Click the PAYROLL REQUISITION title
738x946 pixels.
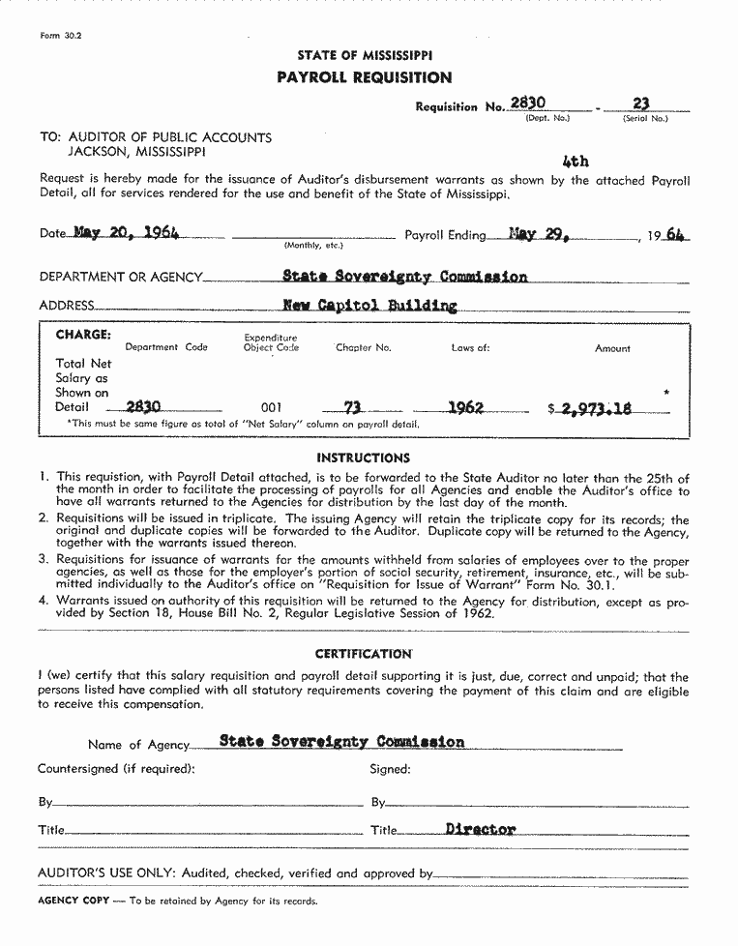point(365,77)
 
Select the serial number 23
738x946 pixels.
point(640,103)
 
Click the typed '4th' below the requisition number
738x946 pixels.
point(575,162)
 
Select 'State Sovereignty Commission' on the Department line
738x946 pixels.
point(404,277)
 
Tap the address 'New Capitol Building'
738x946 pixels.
point(369,306)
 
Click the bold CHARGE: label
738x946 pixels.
point(83,335)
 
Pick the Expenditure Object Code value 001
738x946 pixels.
point(272,408)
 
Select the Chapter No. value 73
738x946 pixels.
point(354,407)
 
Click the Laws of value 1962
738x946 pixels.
point(465,407)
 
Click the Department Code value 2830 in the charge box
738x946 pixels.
point(143,407)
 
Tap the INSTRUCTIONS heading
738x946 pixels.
point(364,458)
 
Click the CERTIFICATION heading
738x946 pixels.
point(364,654)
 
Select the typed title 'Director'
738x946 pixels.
point(481,829)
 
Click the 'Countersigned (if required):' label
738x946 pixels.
point(116,769)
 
